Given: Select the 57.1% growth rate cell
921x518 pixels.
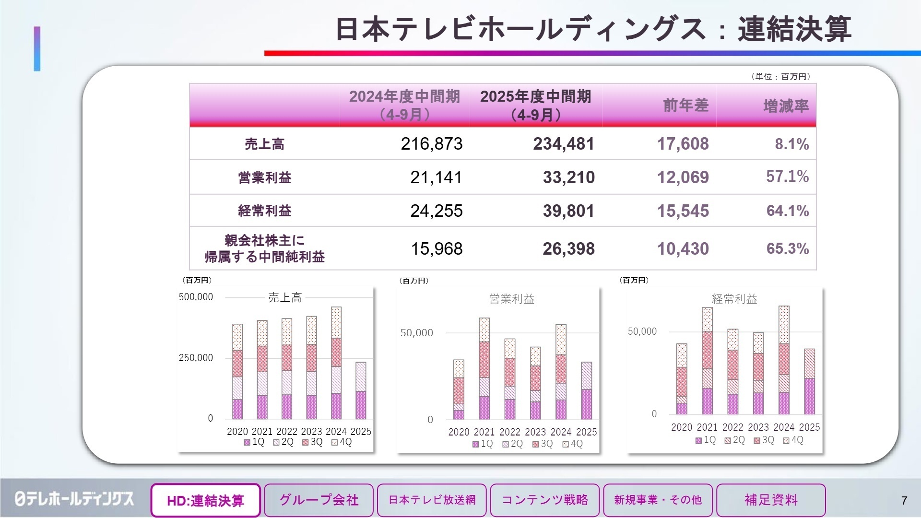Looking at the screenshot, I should point(787,177).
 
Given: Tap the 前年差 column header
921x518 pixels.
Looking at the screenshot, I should point(685,106).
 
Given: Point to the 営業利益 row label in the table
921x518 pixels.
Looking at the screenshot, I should point(265,177).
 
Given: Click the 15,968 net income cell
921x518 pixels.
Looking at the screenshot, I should point(437,248).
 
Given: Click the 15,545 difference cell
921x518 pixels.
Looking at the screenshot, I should point(683,211).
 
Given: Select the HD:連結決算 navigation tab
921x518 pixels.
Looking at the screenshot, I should point(206,500).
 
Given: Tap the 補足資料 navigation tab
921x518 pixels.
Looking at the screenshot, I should point(771,500).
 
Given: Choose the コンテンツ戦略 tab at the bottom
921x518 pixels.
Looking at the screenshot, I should point(545,500).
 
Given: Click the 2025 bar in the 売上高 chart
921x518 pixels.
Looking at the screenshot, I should point(361,390).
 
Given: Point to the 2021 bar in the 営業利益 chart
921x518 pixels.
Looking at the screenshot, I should point(484,369).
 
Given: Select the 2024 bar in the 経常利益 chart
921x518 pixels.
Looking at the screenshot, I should point(784,360).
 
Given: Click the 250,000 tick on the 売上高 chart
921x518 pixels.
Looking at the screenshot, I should point(196,358).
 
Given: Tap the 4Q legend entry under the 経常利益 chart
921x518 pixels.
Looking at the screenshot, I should point(793,440).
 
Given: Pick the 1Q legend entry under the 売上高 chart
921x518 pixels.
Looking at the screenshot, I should point(254,442).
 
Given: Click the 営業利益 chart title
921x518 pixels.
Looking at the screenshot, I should point(512,299).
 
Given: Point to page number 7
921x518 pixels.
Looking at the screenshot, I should point(904,501).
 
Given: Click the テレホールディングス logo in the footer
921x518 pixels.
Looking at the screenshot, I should point(74,499).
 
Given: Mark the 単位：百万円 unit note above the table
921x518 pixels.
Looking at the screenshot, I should point(781,77).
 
